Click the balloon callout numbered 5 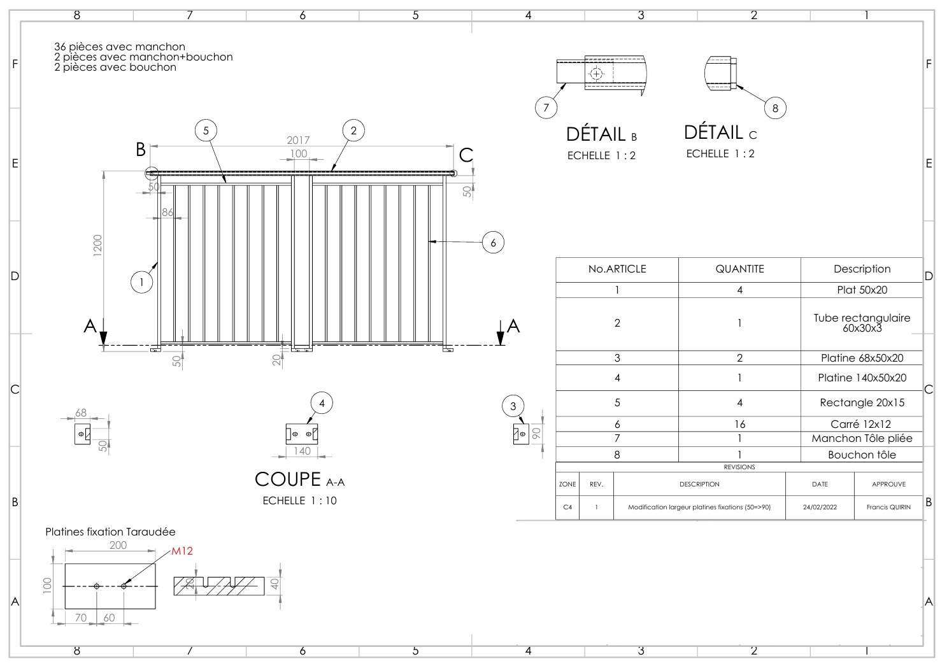point(206,131)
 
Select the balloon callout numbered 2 point(353,131)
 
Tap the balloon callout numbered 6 point(493,243)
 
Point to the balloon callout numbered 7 point(546,108)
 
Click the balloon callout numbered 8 point(775,108)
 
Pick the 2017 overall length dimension point(298,140)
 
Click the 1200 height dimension point(97,245)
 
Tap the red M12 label point(182,551)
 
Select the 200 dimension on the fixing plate point(118,545)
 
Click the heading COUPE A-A point(299,479)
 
